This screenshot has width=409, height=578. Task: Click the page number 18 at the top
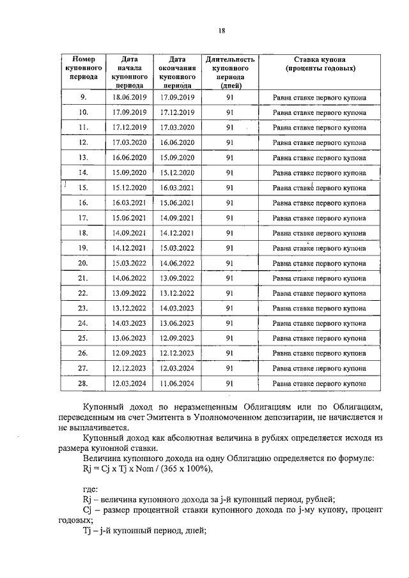coord(222,29)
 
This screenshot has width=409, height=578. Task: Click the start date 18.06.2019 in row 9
coord(130,97)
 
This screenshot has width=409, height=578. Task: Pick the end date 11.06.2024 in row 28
coord(177,384)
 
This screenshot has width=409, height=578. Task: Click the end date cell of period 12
coord(177,142)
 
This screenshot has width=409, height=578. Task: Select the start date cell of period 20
coord(130,263)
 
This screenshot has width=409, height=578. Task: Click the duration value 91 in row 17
coord(229,218)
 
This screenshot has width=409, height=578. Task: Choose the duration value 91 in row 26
coord(229,353)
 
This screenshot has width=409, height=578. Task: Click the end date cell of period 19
coord(177,248)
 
